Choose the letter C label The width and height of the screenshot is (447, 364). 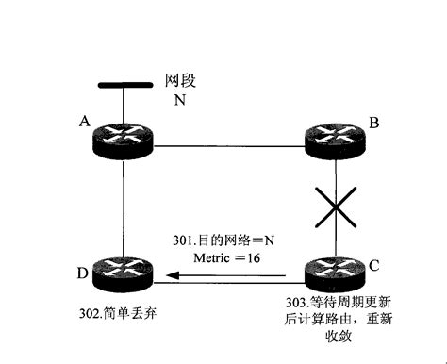(373, 265)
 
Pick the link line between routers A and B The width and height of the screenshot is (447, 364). (230, 145)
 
